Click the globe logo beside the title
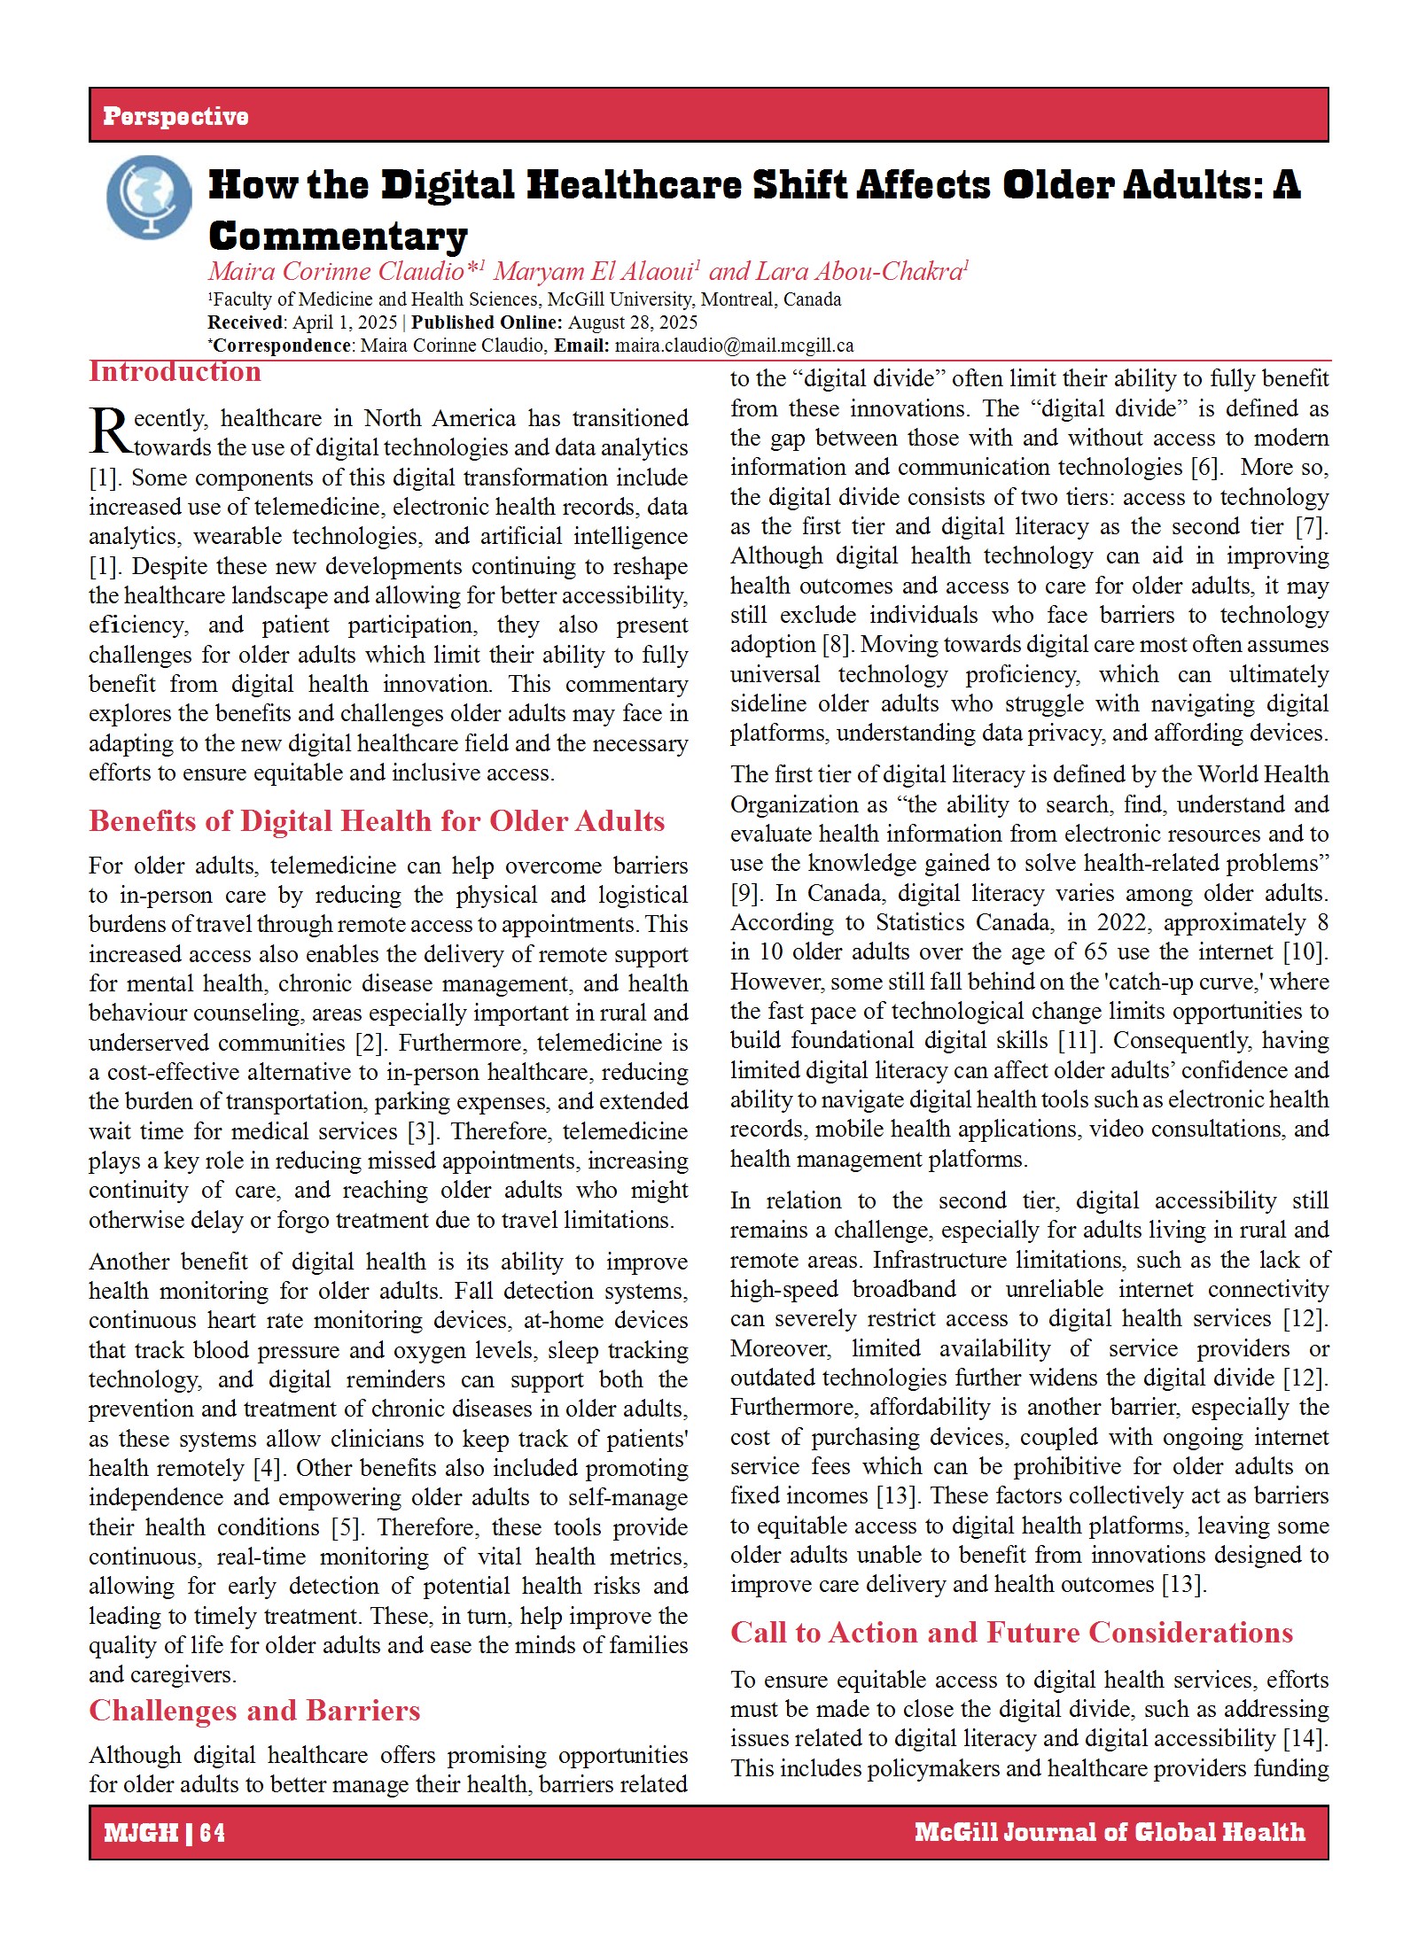(x=149, y=198)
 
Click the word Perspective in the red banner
(x=175, y=116)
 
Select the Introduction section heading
(x=175, y=371)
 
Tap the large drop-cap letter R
(x=110, y=432)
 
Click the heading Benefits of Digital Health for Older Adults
(x=377, y=821)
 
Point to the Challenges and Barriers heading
(x=254, y=1710)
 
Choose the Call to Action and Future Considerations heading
(x=1011, y=1632)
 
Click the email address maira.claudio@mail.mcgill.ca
(x=734, y=346)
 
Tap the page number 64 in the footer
(x=213, y=1832)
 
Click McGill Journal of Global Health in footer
(x=1110, y=1831)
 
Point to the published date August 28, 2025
(x=633, y=322)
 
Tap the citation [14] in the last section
(x=1305, y=1738)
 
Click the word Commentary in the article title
(x=338, y=237)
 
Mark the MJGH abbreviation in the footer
(x=141, y=1832)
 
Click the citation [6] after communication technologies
(x=1206, y=467)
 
